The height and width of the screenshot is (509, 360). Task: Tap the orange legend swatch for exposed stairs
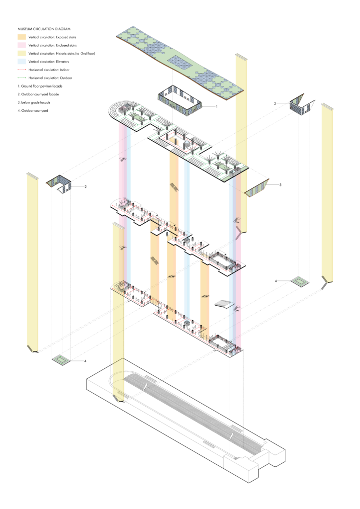click(x=22, y=37)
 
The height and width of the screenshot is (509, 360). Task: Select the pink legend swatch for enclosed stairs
click(x=22, y=45)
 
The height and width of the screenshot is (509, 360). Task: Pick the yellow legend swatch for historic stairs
click(x=22, y=53)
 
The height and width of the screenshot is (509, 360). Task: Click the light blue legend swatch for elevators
click(x=22, y=61)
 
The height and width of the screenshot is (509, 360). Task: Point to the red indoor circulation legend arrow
click(x=22, y=70)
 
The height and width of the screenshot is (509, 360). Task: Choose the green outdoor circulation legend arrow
click(x=22, y=78)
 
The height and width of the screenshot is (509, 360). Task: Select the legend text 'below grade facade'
click(x=35, y=102)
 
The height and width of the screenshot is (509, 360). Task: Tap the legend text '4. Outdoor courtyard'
click(x=34, y=110)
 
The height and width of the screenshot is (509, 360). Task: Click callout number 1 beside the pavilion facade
click(x=216, y=106)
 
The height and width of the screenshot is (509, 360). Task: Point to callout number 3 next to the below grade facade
click(x=280, y=185)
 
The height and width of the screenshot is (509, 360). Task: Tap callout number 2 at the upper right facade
click(x=274, y=103)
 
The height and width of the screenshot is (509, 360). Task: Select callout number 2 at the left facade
click(x=86, y=187)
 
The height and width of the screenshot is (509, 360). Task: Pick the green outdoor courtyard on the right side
click(x=300, y=282)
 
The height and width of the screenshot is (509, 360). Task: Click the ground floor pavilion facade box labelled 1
click(x=180, y=103)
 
